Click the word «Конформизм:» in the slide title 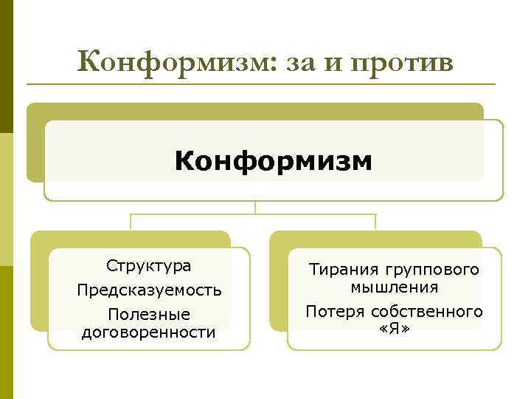[174, 62]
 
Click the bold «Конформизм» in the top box [274, 160]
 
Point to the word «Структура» [148, 265]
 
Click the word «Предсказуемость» [149, 290]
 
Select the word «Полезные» [149, 315]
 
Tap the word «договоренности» [149, 332]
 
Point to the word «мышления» [395, 287]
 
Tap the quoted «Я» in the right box [395, 327]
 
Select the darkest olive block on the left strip [7, 66]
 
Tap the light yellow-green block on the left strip [7, 199]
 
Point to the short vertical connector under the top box [255, 208]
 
